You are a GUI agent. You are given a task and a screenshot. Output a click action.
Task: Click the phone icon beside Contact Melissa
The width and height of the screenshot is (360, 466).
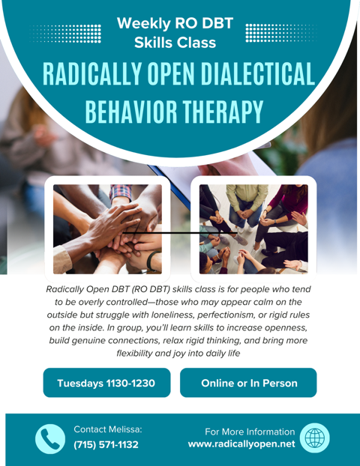pyautogui.click(x=50, y=438)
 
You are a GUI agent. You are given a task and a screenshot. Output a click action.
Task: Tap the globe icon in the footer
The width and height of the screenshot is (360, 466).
pyautogui.click(x=313, y=438)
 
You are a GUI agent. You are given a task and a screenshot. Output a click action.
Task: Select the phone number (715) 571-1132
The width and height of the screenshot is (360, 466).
pyautogui.click(x=106, y=445)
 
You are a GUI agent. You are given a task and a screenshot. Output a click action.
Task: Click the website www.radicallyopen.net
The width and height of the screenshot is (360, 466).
pyautogui.click(x=241, y=445)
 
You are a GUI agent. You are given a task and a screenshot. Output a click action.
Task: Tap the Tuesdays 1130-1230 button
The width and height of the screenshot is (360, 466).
pyautogui.click(x=106, y=384)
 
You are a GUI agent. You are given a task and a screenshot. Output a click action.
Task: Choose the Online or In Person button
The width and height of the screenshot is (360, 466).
pyautogui.click(x=249, y=384)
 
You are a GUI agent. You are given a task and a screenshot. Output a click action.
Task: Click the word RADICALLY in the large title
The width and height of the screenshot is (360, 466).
pyautogui.click(x=93, y=74)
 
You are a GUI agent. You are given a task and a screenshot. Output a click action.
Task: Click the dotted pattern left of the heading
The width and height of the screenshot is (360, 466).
pyautogui.click(x=68, y=34)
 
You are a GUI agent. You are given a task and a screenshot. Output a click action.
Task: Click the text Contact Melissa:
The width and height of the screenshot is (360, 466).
pyautogui.click(x=108, y=430)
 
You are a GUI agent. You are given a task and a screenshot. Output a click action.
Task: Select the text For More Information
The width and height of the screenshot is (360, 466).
pyautogui.click(x=250, y=432)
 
